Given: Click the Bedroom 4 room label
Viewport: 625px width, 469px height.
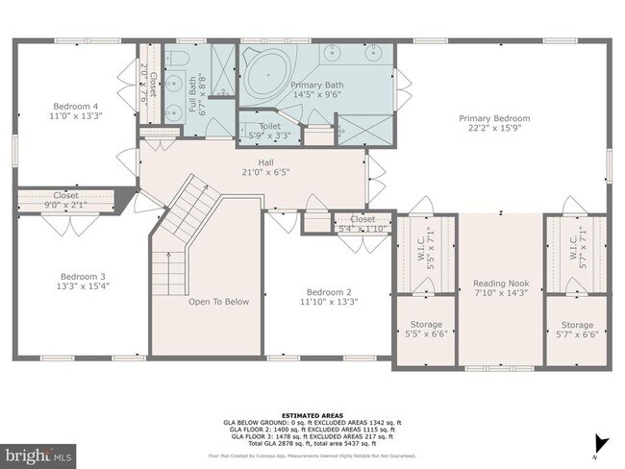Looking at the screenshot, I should click(76, 105).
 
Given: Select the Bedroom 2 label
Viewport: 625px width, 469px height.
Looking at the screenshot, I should click(329, 291).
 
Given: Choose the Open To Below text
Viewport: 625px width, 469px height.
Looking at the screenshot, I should click(218, 301).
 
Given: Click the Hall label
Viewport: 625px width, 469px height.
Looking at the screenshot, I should click(265, 162).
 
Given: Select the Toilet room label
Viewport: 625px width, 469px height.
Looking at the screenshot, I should click(270, 125).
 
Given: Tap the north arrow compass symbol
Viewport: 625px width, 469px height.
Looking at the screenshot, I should click(601, 443).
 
